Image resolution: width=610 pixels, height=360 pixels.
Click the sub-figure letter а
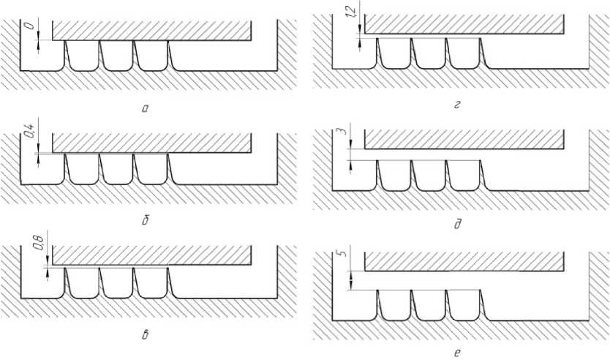[x=145, y=108]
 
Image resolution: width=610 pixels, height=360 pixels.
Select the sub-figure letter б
[x=145, y=219]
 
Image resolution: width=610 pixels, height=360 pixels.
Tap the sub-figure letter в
[x=145, y=336]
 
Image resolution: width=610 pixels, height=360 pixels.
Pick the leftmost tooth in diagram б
[x=83, y=169]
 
